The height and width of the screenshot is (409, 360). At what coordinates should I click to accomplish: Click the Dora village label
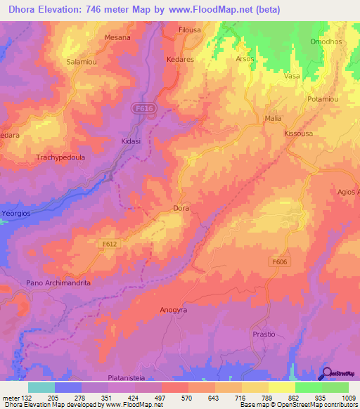click(181, 209)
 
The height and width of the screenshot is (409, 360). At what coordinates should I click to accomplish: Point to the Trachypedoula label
click(60, 158)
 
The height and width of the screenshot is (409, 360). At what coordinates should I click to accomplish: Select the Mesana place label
click(117, 37)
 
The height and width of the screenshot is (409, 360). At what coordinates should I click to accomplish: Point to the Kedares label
click(180, 60)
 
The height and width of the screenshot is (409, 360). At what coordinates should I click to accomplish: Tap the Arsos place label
click(244, 59)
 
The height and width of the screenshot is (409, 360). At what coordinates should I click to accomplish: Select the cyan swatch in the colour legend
click(41, 387)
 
